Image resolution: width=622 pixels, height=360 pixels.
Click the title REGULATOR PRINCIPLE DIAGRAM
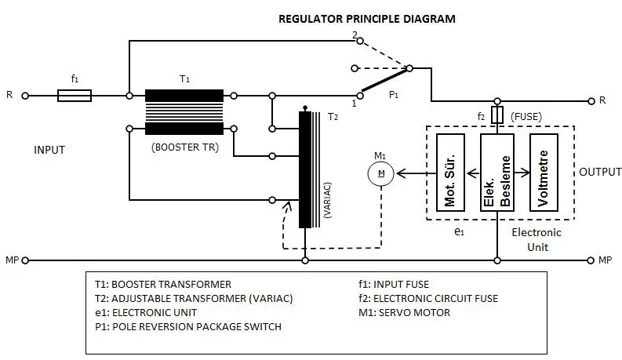click(367, 18)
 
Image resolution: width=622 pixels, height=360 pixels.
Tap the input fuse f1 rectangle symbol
click(75, 96)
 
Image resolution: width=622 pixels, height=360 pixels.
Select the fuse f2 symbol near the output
click(496, 115)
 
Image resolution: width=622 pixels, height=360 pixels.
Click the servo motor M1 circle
click(380, 173)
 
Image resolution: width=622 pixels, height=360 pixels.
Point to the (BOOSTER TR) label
click(184, 144)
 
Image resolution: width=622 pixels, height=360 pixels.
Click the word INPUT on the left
click(49, 149)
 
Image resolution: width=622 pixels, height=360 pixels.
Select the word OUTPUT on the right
click(600, 172)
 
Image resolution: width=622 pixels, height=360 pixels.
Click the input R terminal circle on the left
click(25, 96)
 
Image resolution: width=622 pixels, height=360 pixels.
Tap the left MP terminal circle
click(25, 260)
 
